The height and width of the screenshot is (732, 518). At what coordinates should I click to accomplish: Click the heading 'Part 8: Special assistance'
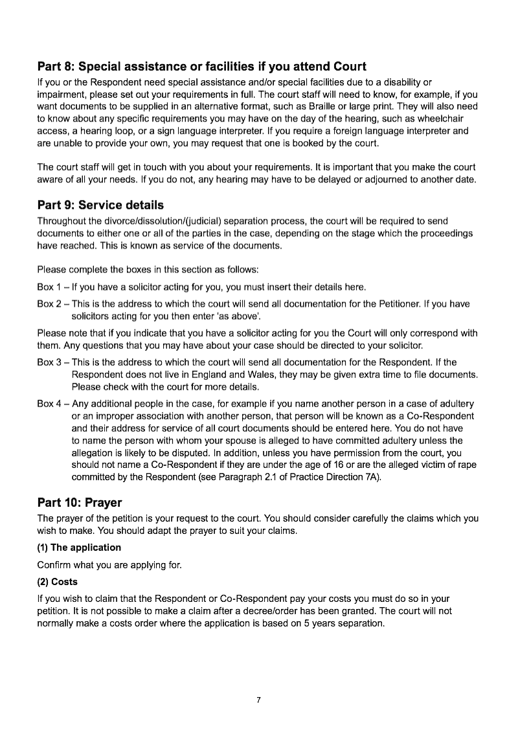201,67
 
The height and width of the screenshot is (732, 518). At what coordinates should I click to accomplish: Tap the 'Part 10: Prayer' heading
80,502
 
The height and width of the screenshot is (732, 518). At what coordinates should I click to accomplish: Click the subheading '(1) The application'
79,548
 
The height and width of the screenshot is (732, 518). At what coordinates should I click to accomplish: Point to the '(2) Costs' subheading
58,582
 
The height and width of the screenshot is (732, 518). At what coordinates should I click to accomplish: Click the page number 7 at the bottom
258,700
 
